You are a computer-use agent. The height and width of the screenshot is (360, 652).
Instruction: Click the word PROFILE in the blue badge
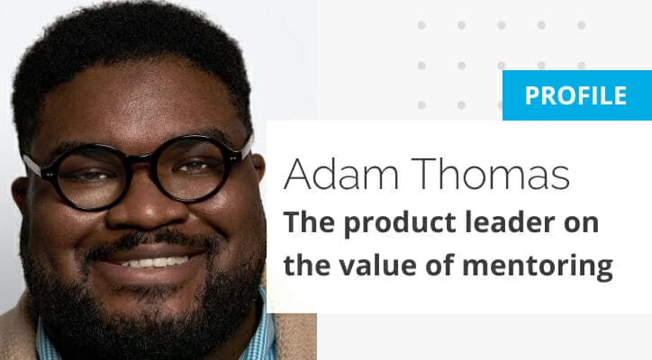pyautogui.click(x=575, y=95)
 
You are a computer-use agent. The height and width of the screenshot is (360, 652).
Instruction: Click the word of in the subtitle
pyautogui.click(x=439, y=265)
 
